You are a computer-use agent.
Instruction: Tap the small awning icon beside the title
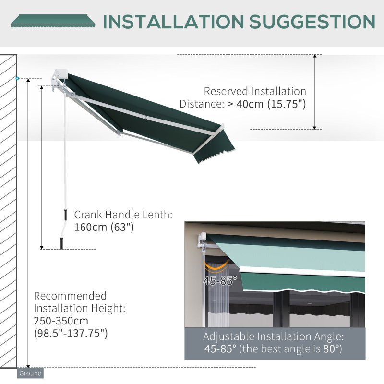click(53, 21)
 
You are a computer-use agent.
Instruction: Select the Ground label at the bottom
click(30, 373)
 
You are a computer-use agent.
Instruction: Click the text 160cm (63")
click(103, 227)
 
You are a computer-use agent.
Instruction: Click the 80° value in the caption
click(331, 349)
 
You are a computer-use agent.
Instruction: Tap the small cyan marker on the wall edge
click(18, 78)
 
